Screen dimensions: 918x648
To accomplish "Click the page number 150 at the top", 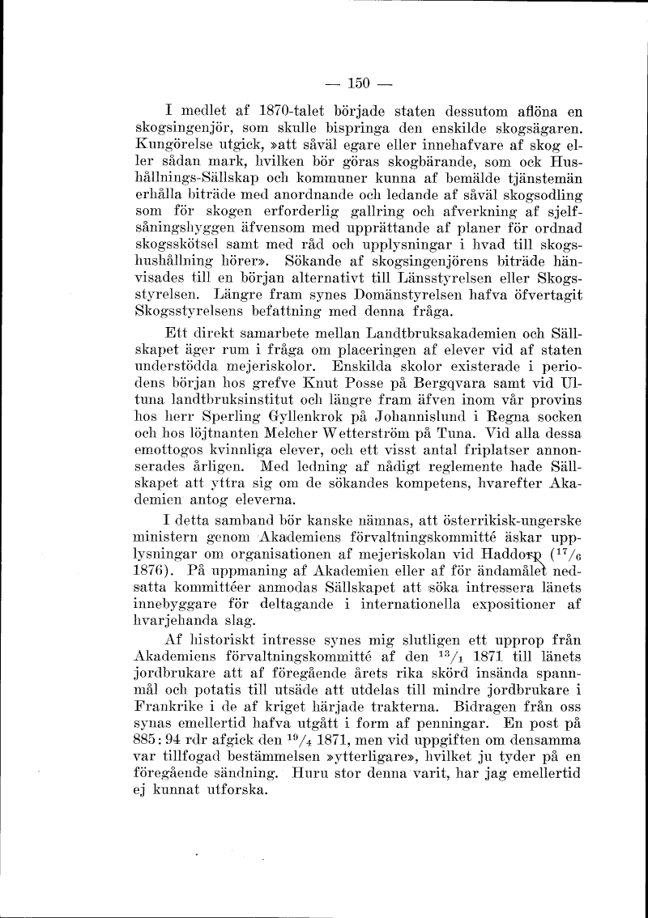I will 358,82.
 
